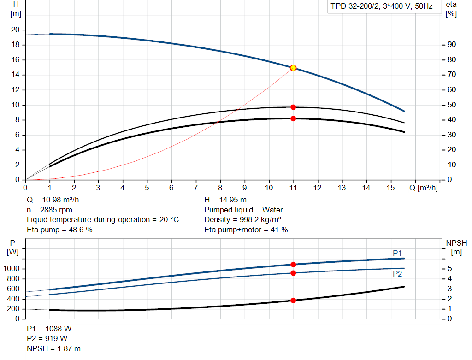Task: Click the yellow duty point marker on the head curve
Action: point(293,68)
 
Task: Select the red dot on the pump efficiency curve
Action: point(293,107)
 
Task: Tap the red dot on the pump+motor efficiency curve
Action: point(293,118)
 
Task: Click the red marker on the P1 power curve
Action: point(293,265)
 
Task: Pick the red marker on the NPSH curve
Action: point(293,301)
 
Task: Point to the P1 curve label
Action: point(397,253)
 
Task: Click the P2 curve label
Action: point(397,274)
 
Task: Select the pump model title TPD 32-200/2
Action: point(381,6)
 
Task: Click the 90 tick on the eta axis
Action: point(452,45)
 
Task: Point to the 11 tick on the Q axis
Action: point(293,188)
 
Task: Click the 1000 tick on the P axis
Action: point(13,269)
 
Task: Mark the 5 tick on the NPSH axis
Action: point(449,269)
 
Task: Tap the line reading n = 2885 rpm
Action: point(53,210)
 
